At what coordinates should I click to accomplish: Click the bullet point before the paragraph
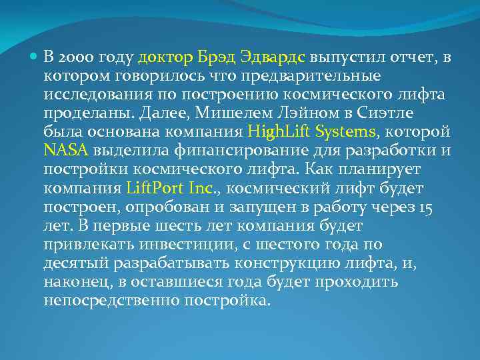click(x=35, y=57)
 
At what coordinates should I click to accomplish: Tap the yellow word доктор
click(x=162, y=58)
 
